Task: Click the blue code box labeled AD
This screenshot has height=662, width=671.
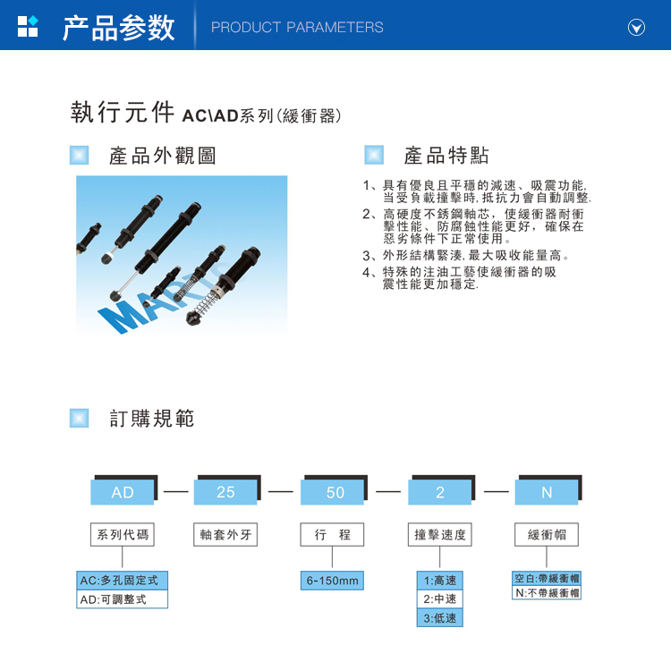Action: (x=123, y=492)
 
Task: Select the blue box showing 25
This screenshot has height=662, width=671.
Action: (x=225, y=492)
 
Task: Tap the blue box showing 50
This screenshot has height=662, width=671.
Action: (x=333, y=492)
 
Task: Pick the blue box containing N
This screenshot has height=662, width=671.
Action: (x=547, y=492)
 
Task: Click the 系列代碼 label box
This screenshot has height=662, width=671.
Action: (x=123, y=534)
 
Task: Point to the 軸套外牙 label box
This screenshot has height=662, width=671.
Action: (x=225, y=534)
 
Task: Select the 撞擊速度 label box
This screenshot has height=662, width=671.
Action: (x=440, y=534)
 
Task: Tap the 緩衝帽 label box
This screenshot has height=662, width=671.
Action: (x=547, y=534)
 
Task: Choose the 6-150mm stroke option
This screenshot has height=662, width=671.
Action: (x=332, y=581)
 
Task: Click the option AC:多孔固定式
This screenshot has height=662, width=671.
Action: (x=122, y=581)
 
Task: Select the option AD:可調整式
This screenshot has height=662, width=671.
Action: (x=122, y=599)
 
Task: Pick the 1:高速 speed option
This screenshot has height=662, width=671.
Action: (x=440, y=581)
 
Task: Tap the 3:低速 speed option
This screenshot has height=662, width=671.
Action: (x=440, y=618)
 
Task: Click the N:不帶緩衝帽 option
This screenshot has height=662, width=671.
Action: (x=547, y=593)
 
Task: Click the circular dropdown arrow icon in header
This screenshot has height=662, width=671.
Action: (x=636, y=28)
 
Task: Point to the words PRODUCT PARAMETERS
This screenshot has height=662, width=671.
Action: (x=297, y=28)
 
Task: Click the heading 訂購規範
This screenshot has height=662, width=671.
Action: (x=152, y=418)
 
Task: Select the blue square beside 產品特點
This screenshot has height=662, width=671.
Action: (x=374, y=155)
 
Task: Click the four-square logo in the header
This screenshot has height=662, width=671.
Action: (x=28, y=27)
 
